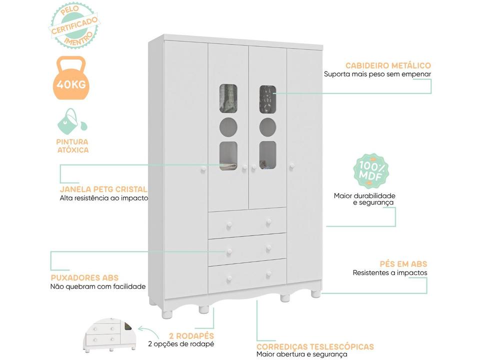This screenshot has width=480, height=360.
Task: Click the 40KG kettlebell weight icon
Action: pyautogui.click(x=71, y=78)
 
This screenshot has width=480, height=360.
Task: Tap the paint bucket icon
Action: pyautogui.click(x=72, y=121)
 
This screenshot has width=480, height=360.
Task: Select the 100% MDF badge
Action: pyautogui.click(x=370, y=171)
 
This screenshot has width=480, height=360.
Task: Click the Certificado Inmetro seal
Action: pyautogui.click(x=74, y=25)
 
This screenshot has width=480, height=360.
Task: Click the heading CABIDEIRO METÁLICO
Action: pyautogui.click(x=388, y=65)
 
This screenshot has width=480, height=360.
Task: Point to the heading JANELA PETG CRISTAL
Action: pyautogui.click(x=103, y=189)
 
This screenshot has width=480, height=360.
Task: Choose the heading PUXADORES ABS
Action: pyautogui.click(x=84, y=277)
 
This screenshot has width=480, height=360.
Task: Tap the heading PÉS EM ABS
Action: pyautogui.click(x=403, y=264)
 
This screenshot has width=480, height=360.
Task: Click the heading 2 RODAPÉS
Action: pyautogui.click(x=191, y=335)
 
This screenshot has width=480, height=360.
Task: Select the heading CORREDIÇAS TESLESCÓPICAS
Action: pyautogui.click(x=315, y=346)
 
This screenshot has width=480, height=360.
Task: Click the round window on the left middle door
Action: pyautogui.click(x=228, y=127)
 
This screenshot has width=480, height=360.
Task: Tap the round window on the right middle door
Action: pyautogui.click(x=267, y=127)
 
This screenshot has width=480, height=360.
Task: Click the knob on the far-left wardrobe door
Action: pyautogui.click(x=203, y=169)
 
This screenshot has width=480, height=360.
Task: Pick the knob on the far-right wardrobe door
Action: pyautogui.click(x=291, y=166)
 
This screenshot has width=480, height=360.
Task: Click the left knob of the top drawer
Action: pyautogui.click(x=229, y=226)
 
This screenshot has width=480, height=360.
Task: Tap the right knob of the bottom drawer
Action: pyautogui.click(x=269, y=274)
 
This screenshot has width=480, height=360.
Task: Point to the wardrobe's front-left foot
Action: pyautogui.click(x=167, y=314)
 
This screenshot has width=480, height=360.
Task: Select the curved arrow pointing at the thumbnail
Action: pyautogui.click(x=148, y=331)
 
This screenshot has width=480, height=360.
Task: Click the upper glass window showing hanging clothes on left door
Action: pyautogui.click(x=228, y=98)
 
